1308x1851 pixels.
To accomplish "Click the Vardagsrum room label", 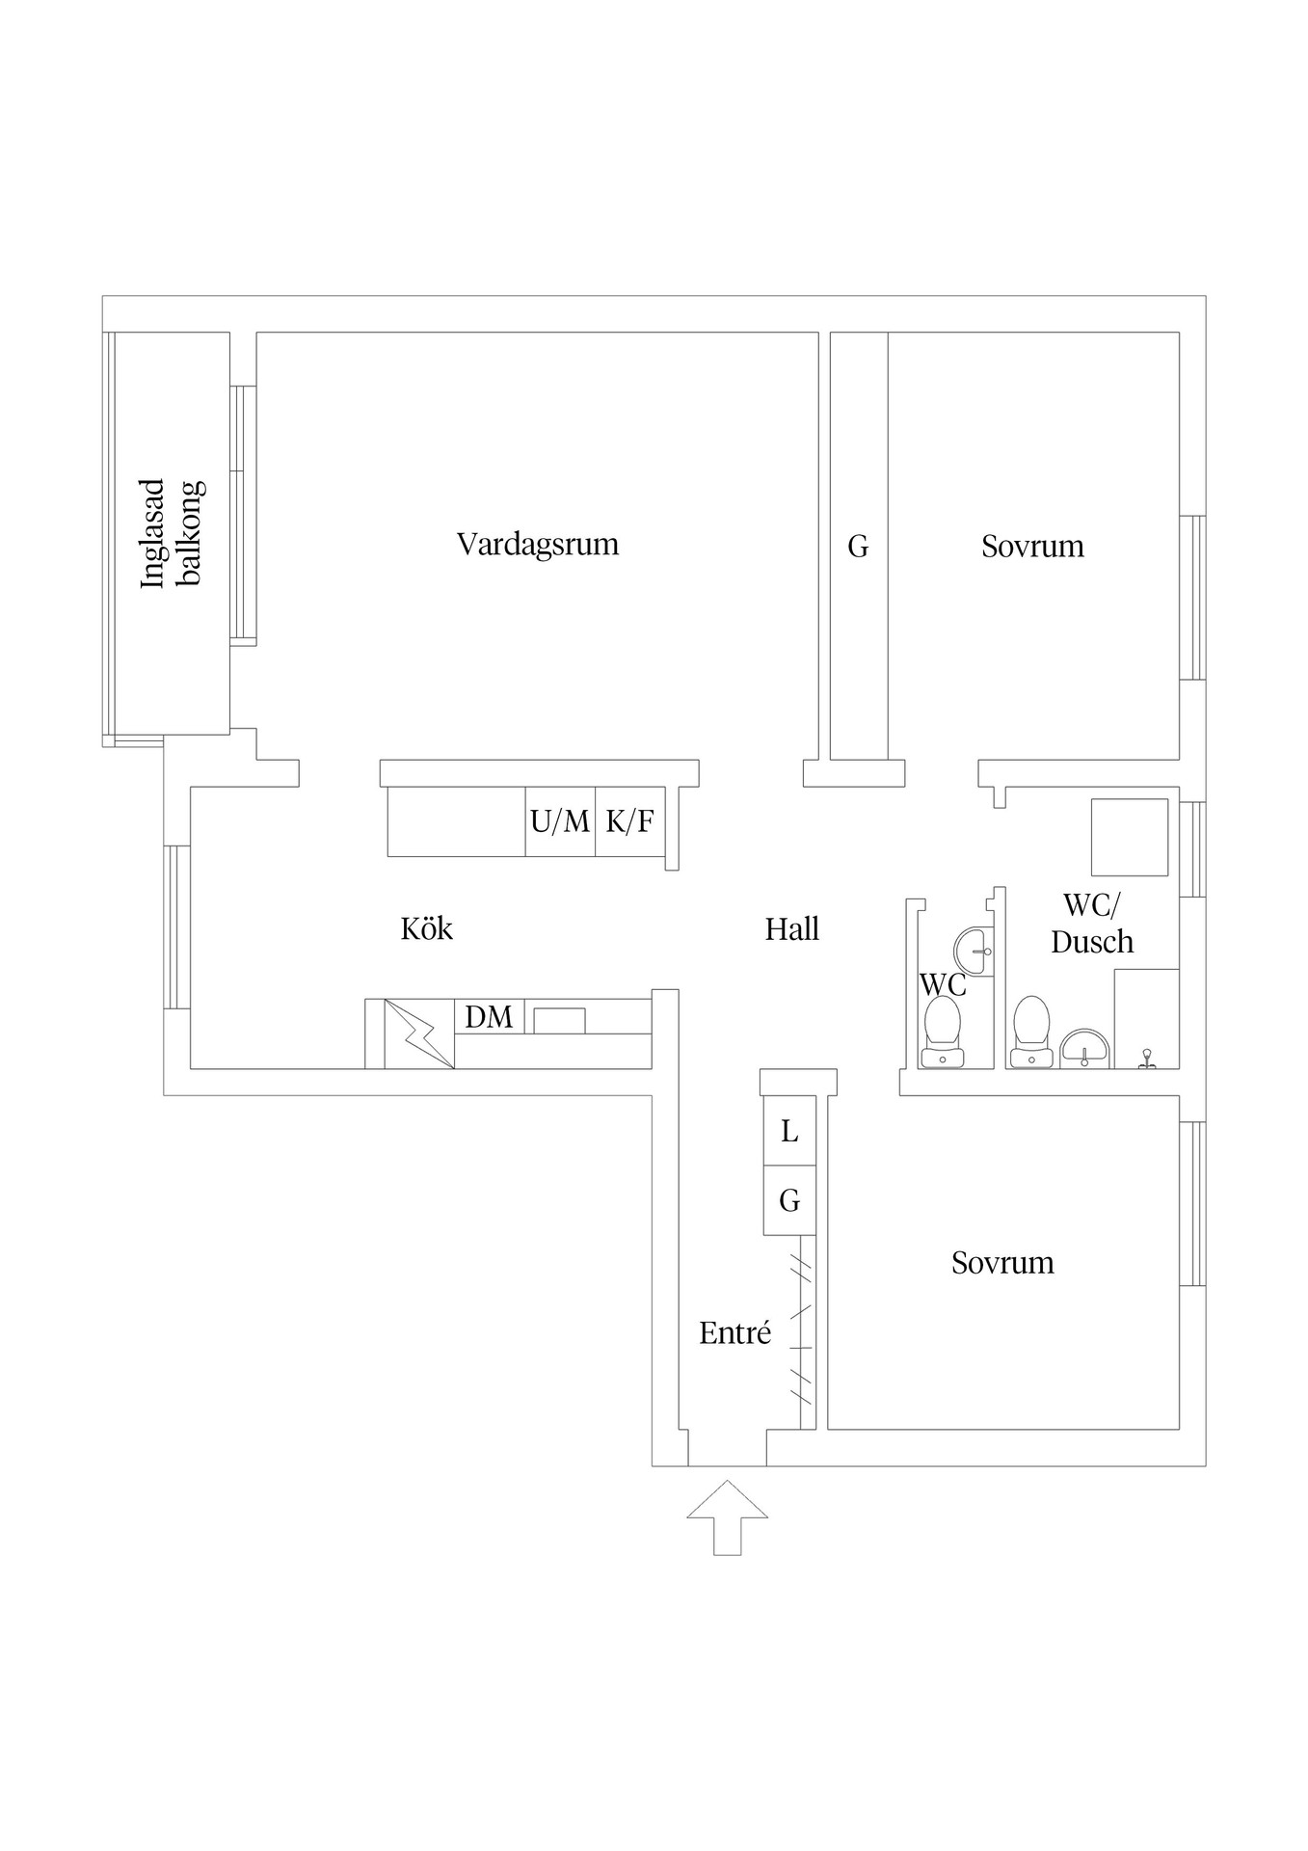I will coord(537,544).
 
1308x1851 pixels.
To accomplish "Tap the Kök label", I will coord(426,929).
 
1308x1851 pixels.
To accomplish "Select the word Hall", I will coord(791,929).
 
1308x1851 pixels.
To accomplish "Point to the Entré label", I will coord(734,1333).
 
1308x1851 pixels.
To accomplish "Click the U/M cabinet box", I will coord(560,822).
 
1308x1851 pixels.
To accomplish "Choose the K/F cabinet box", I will coord(629,822).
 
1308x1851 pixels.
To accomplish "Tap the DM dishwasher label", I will coord(489,1017).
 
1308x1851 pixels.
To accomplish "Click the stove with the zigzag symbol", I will coord(419,1033).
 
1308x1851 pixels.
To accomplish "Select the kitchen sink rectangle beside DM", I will coord(560,1020).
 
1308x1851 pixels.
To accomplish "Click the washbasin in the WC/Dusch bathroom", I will coord(1085,1049).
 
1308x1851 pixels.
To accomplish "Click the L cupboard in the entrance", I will coord(789,1131).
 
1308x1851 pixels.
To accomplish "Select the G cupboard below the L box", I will coord(789,1200).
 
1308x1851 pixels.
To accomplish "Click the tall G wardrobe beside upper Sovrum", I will coord(858,547).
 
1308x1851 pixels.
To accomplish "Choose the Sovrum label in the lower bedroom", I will coord(1001,1263).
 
